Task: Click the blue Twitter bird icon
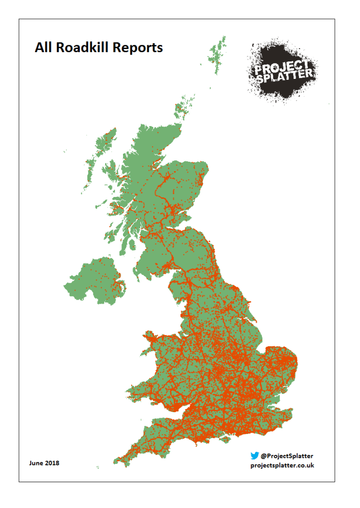pos(254,455)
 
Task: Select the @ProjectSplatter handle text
pos(287,455)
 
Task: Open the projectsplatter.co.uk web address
pos(283,465)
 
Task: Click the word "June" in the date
pos(36,463)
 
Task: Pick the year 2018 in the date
pos(52,463)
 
